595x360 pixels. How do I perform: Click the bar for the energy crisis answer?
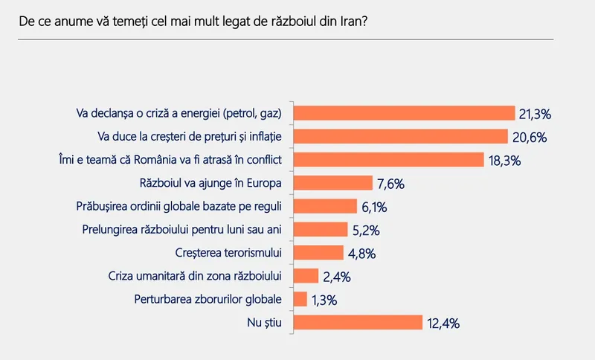[x=405, y=113]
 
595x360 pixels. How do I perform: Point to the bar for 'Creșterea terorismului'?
[x=319, y=253]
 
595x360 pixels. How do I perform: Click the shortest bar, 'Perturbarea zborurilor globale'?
[x=301, y=299]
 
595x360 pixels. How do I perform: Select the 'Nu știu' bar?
[x=358, y=322]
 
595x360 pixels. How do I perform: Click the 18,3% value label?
[x=505, y=161]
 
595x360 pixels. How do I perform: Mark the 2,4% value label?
[x=335, y=277]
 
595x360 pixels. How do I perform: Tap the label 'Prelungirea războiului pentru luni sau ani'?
[x=185, y=229]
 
